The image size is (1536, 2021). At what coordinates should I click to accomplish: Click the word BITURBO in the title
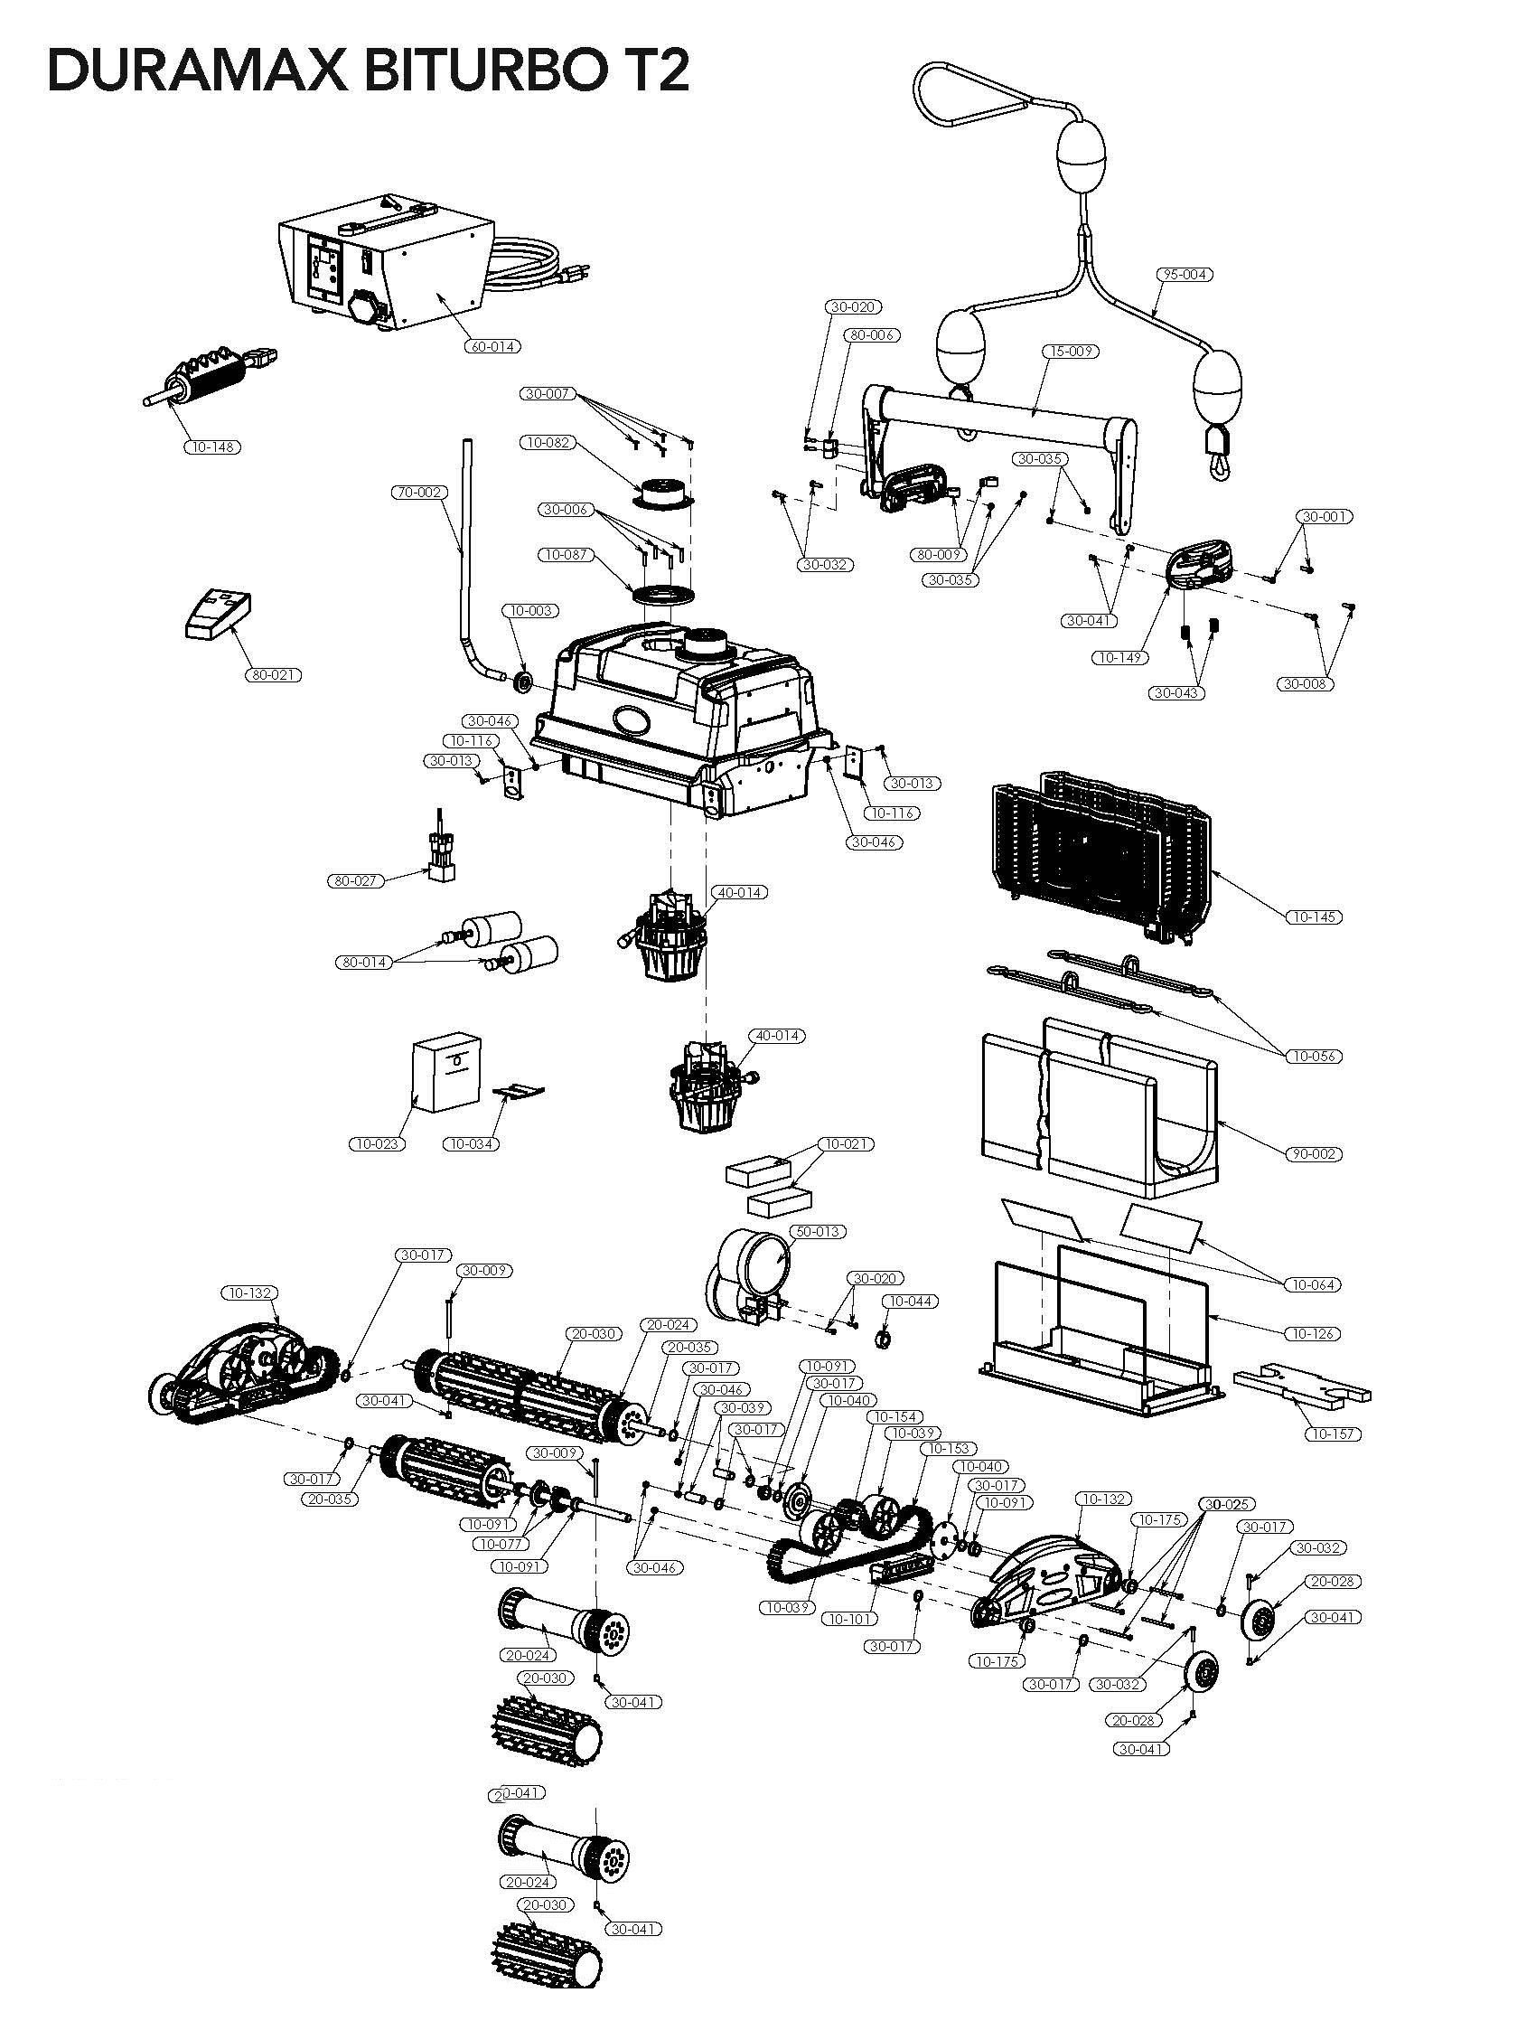pyautogui.click(x=474, y=71)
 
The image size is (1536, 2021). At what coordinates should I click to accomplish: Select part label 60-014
pyautogui.click(x=492, y=346)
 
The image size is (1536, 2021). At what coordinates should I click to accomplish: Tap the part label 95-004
pyautogui.click(x=1183, y=275)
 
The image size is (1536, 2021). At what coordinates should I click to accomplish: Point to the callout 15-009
pyautogui.click(x=1071, y=352)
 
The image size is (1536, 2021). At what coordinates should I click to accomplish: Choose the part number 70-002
pyautogui.click(x=419, y=493)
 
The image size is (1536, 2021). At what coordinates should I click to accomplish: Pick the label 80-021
pyautogui.click(x=274, y=675)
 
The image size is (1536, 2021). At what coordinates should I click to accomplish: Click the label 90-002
pyautogui.click(x=1315, y=1154)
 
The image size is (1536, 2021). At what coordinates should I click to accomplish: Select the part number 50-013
pyautogui.click(x=817, y=1232)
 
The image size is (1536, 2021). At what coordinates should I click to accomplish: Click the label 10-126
pyautogui.click(x=1315, y=1334)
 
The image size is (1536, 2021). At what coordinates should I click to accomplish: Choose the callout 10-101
pyautogui.click(x=851, y=1619)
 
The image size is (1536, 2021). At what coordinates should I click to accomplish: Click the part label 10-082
pyautogui.click(x=548, y=443)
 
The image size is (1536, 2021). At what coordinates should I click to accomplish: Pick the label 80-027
pyautogui.click(x=355, y=881)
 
